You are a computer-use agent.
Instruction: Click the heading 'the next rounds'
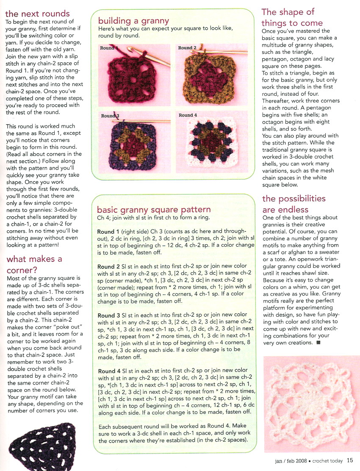pyautogui.click(x=37, y=14)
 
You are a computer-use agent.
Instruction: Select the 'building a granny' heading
pyautogui.click(x=133, y=20)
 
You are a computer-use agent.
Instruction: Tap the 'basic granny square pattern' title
pyautogui.click(x=153, y=209)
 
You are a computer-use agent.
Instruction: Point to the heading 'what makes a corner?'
pyautogui.click(x=34, y=264)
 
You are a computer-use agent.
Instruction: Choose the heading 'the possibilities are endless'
pyautogui.click(x=294, y=204)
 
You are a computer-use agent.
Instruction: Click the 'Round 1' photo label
pyautogui.click(x=107, y=48)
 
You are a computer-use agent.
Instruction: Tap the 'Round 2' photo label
pyautogui.click(x=187, y=48)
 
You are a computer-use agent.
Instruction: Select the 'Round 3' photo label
pyautogui.click(x=110, y=116)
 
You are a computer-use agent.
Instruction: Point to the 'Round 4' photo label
pyautogui.click(x=188, y=115)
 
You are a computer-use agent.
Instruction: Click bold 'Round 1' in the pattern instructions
pyautogui.click(x=108, y=232)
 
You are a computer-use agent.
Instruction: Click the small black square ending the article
pyautogui.click(x=318, y=342)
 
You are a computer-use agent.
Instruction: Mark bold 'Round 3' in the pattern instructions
pyautogui.click(x=109, y=315)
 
